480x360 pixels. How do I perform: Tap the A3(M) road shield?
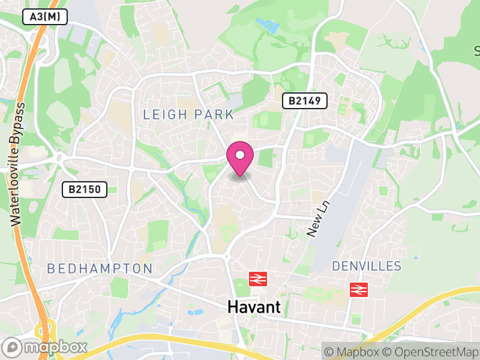point(45,17)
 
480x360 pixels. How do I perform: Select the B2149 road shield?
point(305,100)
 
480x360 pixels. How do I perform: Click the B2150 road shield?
point(85,190)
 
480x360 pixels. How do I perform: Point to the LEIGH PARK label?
point(188,114)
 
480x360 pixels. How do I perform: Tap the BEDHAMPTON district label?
point(100,268)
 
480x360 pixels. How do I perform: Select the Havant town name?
point(254,307)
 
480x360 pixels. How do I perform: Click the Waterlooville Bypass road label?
point(19,164)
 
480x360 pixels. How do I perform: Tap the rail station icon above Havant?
point(258,279)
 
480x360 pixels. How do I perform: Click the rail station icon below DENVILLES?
point(358,290)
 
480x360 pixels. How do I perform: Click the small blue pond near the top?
point(268,26)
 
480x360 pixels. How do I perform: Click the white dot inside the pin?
point(240,155)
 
